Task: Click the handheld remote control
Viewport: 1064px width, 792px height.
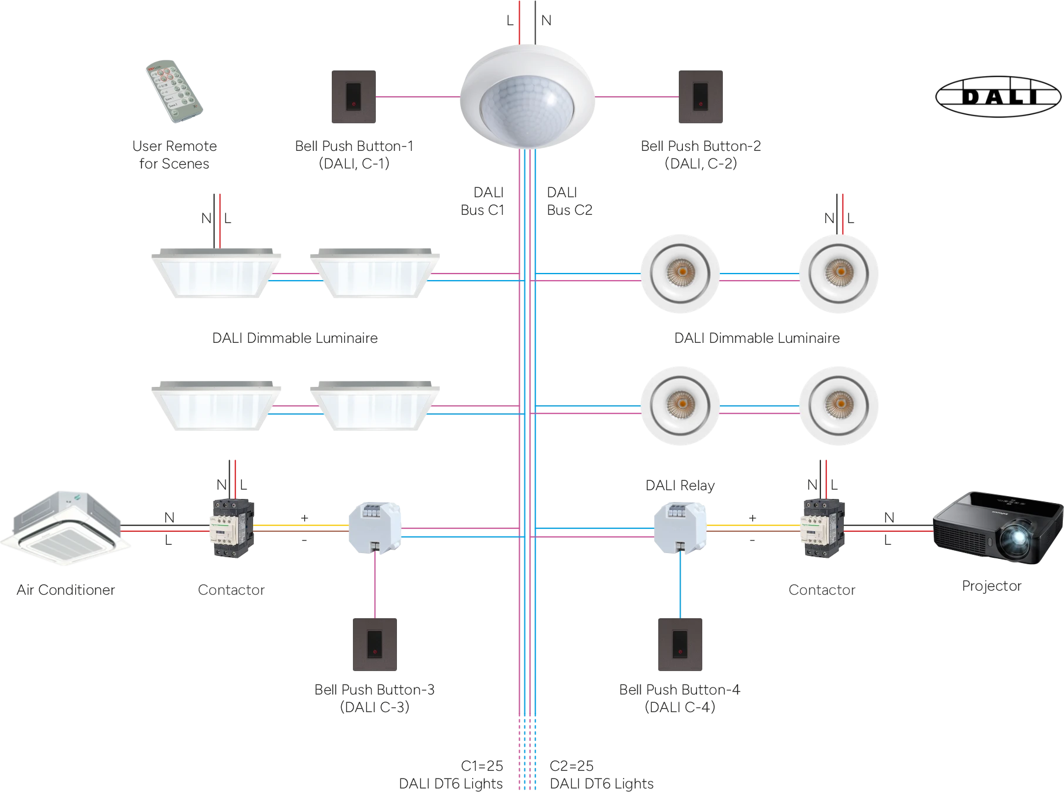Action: click(174, 91)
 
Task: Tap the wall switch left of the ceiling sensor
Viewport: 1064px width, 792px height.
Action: click(352, 98)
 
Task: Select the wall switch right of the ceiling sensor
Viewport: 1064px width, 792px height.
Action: click(699, 98)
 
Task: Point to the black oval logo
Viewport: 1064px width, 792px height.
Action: click(997, 96)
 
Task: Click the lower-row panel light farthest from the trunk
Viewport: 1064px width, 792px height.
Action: click(216, 406)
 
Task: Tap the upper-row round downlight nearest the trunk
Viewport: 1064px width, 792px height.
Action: click(679, 274)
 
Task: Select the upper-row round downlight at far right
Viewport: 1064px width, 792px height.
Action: click(839, 274)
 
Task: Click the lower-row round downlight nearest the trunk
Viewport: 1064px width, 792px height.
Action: click(679, 407)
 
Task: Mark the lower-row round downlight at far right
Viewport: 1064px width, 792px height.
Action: click(839, 407)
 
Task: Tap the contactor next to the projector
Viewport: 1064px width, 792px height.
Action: click(824, 528)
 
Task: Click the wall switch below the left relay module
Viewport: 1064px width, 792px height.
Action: click(375, 643)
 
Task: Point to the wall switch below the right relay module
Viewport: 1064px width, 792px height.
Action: click(681, 643)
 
